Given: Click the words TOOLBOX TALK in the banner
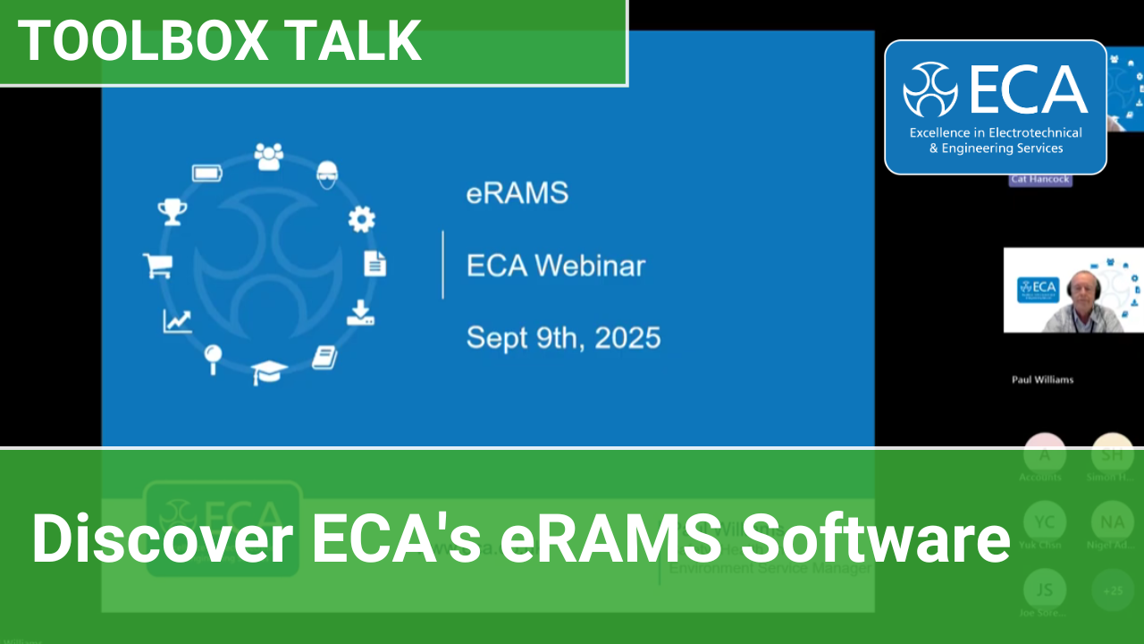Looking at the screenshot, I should pos(220,40).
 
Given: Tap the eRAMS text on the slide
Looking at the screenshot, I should pos(517,193).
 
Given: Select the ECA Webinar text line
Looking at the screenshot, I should pos(555,266).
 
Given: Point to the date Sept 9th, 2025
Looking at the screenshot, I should pos(563,337).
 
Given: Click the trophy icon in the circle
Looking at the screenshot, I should pos(172,212).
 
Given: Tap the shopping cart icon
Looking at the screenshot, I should pos(157,266).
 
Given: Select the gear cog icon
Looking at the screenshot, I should pos(361,219).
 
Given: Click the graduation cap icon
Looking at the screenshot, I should pos(269,371).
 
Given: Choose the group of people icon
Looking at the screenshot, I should pos(268,157).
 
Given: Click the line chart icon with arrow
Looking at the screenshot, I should pos(177,320).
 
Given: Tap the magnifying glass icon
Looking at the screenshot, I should pos(213,358).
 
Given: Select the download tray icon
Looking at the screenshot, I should pos(360,313).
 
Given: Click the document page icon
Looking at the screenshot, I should pos(375,264).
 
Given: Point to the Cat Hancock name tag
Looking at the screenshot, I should pos(1040,180).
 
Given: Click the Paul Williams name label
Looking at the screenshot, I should pos(1042,379).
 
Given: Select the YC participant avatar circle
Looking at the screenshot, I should pos(1044,521).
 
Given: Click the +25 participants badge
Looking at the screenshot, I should pos(1113,591).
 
